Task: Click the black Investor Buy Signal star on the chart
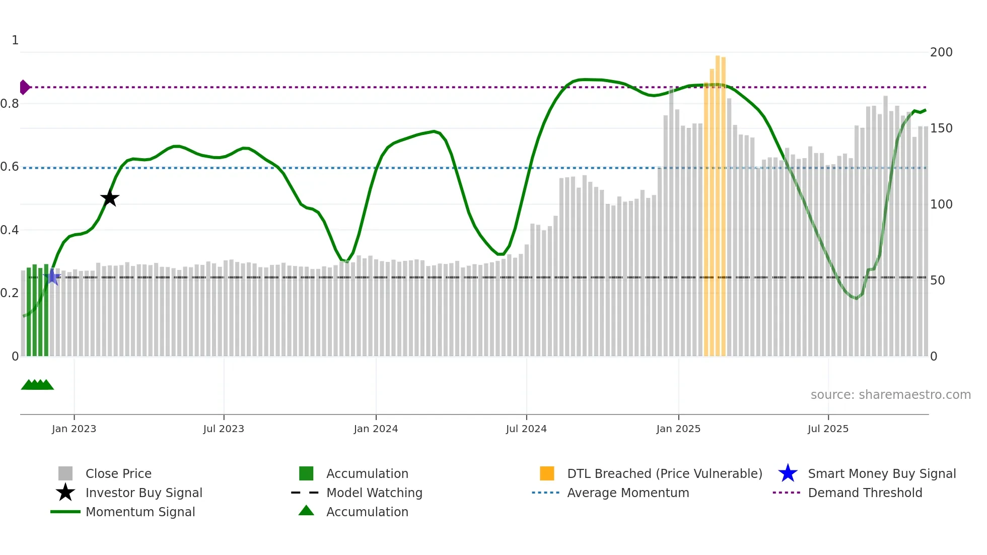(x=109, y=198)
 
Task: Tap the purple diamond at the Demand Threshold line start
(x=24, y=87)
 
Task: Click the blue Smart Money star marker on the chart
(x=52, y=276)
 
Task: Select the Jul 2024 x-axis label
(x=526, y=429)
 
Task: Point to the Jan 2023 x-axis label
(x=74, y=429)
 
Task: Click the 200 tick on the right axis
(x=941, y=52)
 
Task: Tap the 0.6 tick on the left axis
(x=10, y=167)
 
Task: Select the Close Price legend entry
(x=118, y=473)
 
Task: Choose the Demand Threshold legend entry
(x=865, y=493)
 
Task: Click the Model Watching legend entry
(x=374, y=493)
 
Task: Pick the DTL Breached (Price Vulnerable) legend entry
(x=664, y=473)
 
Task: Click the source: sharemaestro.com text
(x=890, y=394)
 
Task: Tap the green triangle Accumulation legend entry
(x=367, y=512)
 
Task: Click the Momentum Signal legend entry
(x=140, y=512)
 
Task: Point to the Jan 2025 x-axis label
(x=678, y=429)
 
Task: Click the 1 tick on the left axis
(x=15, y=40)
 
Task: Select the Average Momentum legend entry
(x=627, y=493)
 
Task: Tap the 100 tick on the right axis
(x=941, y=204)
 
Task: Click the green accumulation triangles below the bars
(x=37, y=385)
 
